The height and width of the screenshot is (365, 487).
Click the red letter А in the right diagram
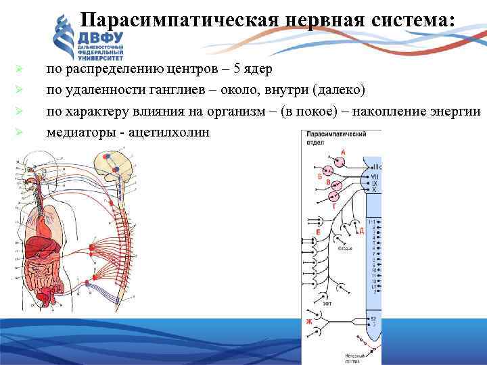tap(342, 153)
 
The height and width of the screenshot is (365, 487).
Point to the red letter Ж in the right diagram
tap(309, 322)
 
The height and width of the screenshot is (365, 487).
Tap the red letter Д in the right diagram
tap(361, 231)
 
